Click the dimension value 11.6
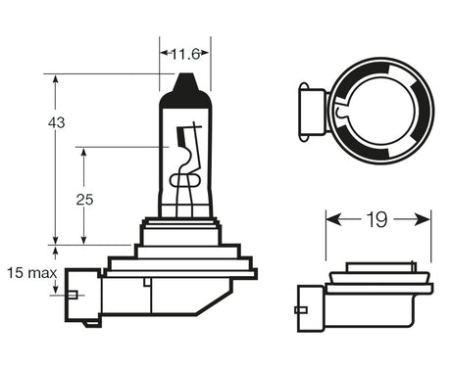[x=184, y=54]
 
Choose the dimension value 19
[x=378, y=220]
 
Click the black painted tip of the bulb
[x=185, y=89]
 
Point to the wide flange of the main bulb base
[x=181, y=264]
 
